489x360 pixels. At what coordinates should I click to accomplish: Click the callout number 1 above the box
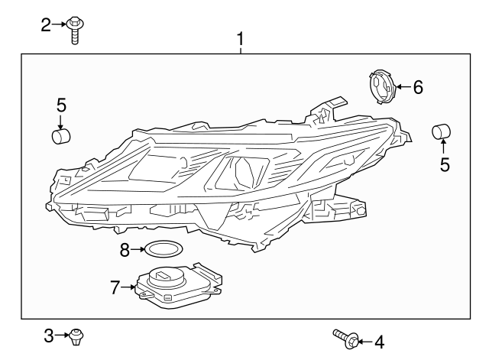241,37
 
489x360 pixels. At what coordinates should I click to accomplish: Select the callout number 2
46,25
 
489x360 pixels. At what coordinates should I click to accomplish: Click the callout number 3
48,336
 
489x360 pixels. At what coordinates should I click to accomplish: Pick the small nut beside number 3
76,335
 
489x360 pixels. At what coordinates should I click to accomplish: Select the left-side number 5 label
61,105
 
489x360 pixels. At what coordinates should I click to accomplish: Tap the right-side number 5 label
444,163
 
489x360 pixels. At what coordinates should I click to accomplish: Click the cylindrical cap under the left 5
60,137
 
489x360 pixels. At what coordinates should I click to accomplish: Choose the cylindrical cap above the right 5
442,131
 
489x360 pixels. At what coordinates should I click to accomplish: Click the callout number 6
417,87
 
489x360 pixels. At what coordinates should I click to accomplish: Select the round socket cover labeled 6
381,87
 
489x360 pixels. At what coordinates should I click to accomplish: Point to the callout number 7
115,288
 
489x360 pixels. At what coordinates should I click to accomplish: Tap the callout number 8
125,249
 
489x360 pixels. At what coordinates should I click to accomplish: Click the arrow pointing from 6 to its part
403,87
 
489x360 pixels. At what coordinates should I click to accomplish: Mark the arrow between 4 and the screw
364,341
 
